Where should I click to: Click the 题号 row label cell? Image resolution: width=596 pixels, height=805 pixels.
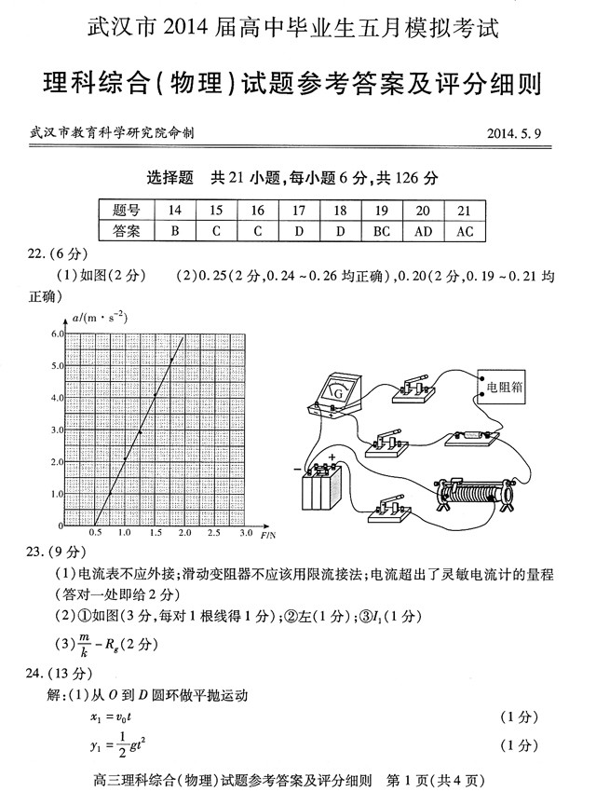tap(126, 211)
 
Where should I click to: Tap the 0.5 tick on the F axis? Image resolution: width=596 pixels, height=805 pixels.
tap(95, 534)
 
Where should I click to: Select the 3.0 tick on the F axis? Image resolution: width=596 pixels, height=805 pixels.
tap(246, 534)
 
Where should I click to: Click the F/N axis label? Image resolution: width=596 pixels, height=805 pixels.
tap(267, 536)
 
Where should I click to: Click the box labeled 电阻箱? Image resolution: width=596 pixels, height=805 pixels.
tap(499, 383)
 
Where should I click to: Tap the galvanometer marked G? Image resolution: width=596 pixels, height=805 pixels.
tap(338, 396)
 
